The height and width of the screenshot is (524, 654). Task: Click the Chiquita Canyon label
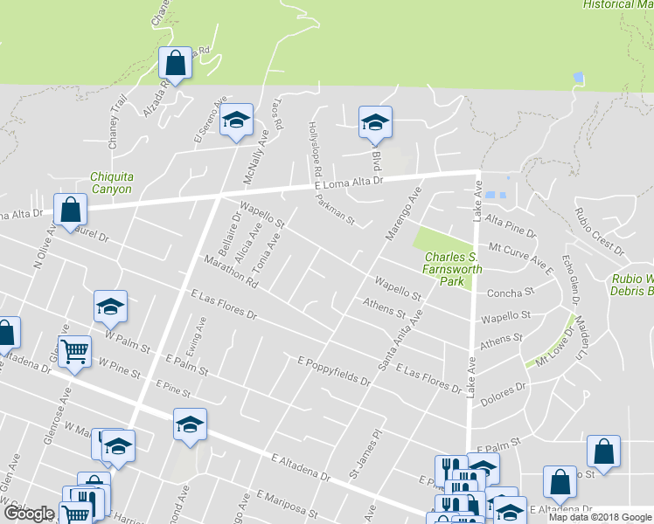pyautogui.click(x=111, y=183)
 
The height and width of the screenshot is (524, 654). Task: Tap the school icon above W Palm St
pyautogui.click(x=111, y=307)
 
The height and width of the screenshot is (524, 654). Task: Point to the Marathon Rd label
pyautogui.click(x=231, y=272)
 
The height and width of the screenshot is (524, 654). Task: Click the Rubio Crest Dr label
pyautogui.click(x=599, y=231)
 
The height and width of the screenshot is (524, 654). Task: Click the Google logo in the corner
pyautogui.click(x=29, y=514)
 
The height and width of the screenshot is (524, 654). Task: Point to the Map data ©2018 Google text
pyautogui.click(x=599, y=517)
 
